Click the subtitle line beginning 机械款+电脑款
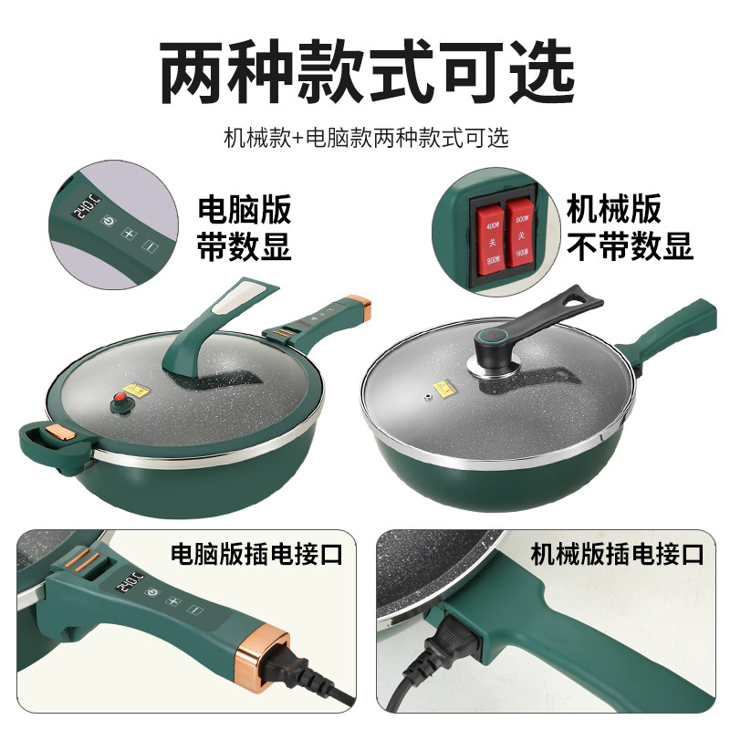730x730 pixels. (366, 139)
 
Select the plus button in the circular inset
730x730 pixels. (128, 234)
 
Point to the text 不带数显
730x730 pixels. (630, 245)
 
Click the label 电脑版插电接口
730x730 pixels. (257, 553)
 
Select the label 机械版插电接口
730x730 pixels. (618, 553)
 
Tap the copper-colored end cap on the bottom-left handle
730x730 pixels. (269, 651)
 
